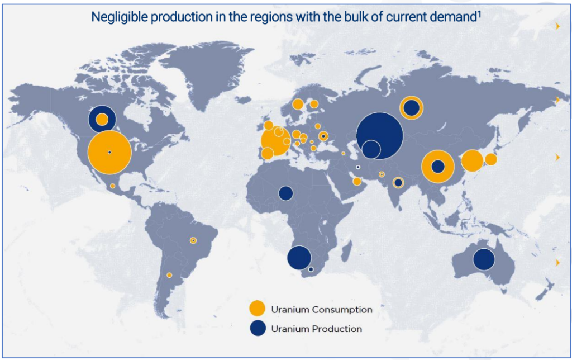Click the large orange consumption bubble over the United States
[109, 152]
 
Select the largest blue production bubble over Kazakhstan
[379, 135]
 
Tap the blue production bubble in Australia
[484, 259]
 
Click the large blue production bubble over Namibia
[299, 257]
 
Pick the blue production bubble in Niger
[285, 193]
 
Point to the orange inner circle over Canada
[102, 120]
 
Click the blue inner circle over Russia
[412, 108]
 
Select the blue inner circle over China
[438, 167]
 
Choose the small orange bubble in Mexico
[113, 186]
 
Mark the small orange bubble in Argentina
[169, 275]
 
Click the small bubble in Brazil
[193, 240]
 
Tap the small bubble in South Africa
[311, 269]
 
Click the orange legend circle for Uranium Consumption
[257, 308]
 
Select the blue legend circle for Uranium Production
[258, 328]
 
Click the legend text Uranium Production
[317, 329]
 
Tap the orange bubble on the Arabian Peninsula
[357, 182]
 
